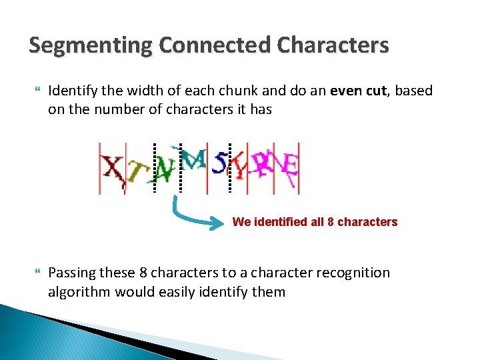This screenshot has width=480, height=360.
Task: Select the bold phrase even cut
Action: pyautogui.click(x=359, y=91)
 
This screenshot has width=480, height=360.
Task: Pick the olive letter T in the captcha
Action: pyautogui.click(x=135, y=173)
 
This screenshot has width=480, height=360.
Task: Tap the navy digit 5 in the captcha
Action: pyautogui.click(x=219, y=163)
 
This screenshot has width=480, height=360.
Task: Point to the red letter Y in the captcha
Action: pyautogui.click(x=237, y=167)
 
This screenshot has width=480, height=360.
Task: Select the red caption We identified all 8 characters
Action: pyautogui.click(x=315, y=222)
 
